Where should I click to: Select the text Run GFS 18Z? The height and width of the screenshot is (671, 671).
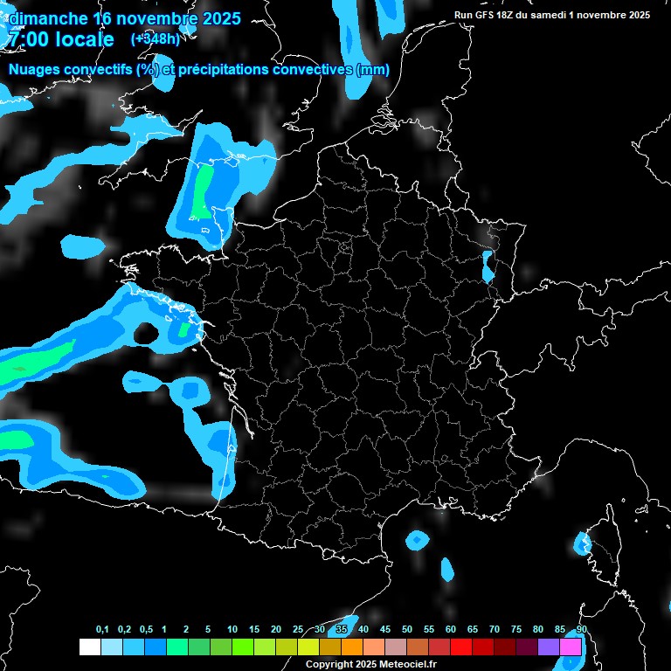(481, 15)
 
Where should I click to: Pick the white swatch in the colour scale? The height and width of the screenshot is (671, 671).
(89, 647)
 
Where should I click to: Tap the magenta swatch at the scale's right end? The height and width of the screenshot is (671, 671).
(571, 647)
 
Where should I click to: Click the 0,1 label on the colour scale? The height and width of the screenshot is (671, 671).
(101, 630)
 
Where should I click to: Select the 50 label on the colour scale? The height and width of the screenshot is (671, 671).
(407, 630)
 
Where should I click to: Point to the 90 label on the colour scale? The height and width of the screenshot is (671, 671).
(582, 630)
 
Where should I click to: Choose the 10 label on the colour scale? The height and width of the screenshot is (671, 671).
(232, 630)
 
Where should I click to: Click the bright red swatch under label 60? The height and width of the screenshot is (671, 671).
(461, 647)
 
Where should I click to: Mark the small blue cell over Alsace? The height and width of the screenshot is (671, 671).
(488, 266)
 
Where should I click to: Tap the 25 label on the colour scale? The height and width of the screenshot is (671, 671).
(298, 630)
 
